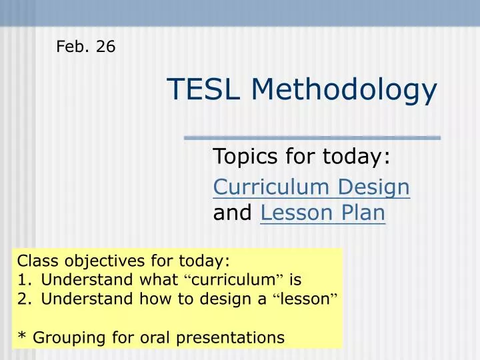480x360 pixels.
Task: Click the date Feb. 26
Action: click(x=85, y=47)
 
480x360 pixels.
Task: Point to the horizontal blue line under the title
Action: click(x=312, y=138)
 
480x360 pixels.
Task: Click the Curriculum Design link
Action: click(x=311, y=187)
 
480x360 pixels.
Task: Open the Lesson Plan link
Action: click(x=323, y=213)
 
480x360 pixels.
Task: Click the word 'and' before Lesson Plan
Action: click(x=232, y=213)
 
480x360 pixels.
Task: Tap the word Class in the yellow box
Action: click(x=35, y=260)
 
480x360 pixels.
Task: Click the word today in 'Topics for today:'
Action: click(x=355, y=159)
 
